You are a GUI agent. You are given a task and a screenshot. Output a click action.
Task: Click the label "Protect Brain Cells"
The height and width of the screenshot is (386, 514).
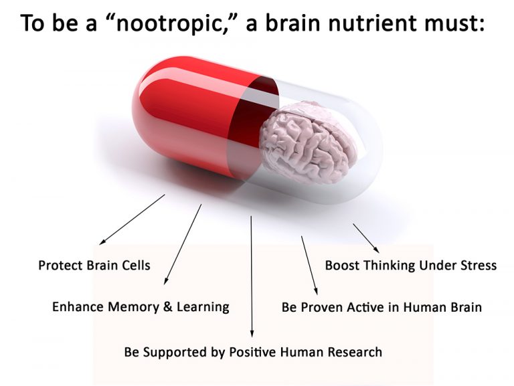[94, 265]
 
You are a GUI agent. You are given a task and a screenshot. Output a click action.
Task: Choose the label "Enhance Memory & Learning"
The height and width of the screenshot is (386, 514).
[141, 307]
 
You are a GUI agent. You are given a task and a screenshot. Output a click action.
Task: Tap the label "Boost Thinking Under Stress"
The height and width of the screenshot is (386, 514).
[410, 265]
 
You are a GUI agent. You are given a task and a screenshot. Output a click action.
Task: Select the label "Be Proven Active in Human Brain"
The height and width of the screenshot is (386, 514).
[381, 308]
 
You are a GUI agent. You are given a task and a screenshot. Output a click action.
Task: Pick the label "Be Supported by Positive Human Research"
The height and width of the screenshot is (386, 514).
[253, 351]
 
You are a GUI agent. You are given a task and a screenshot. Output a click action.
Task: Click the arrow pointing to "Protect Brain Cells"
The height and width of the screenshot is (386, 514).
[131, 219]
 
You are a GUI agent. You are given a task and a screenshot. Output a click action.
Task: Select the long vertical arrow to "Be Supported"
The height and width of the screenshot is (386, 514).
[252, 274]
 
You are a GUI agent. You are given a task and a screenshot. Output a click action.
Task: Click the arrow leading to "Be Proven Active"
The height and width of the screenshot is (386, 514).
[309, 266]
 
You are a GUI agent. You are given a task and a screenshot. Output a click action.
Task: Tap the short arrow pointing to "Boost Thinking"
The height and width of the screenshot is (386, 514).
[367, 237]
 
